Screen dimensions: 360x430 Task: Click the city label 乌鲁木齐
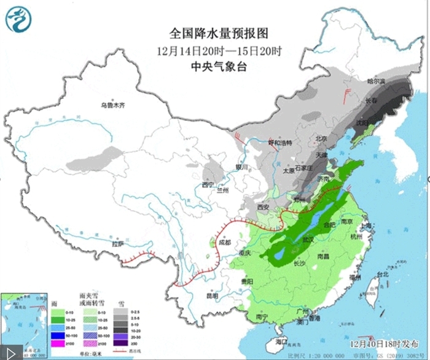click(x=113, y=105)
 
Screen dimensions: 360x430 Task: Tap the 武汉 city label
click(x=307, y=239)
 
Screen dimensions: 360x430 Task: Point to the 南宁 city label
click(x=262, y=318)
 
